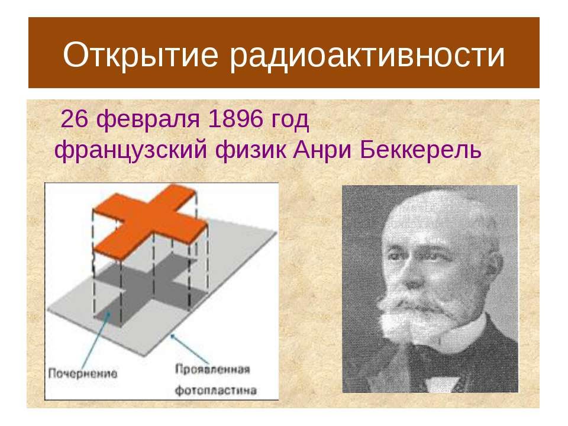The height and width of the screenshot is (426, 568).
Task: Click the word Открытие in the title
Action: [141, 55]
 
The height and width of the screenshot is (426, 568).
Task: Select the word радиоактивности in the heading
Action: [367, 55]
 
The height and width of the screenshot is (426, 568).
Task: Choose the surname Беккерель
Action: [421, 150]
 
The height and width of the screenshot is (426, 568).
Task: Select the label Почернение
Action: [83, 373]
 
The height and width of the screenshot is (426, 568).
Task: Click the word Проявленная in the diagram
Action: [212, 370]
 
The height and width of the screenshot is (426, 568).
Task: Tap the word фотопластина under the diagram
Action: [216, 390]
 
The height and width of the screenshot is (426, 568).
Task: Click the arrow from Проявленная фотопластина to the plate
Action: [190, 348]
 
